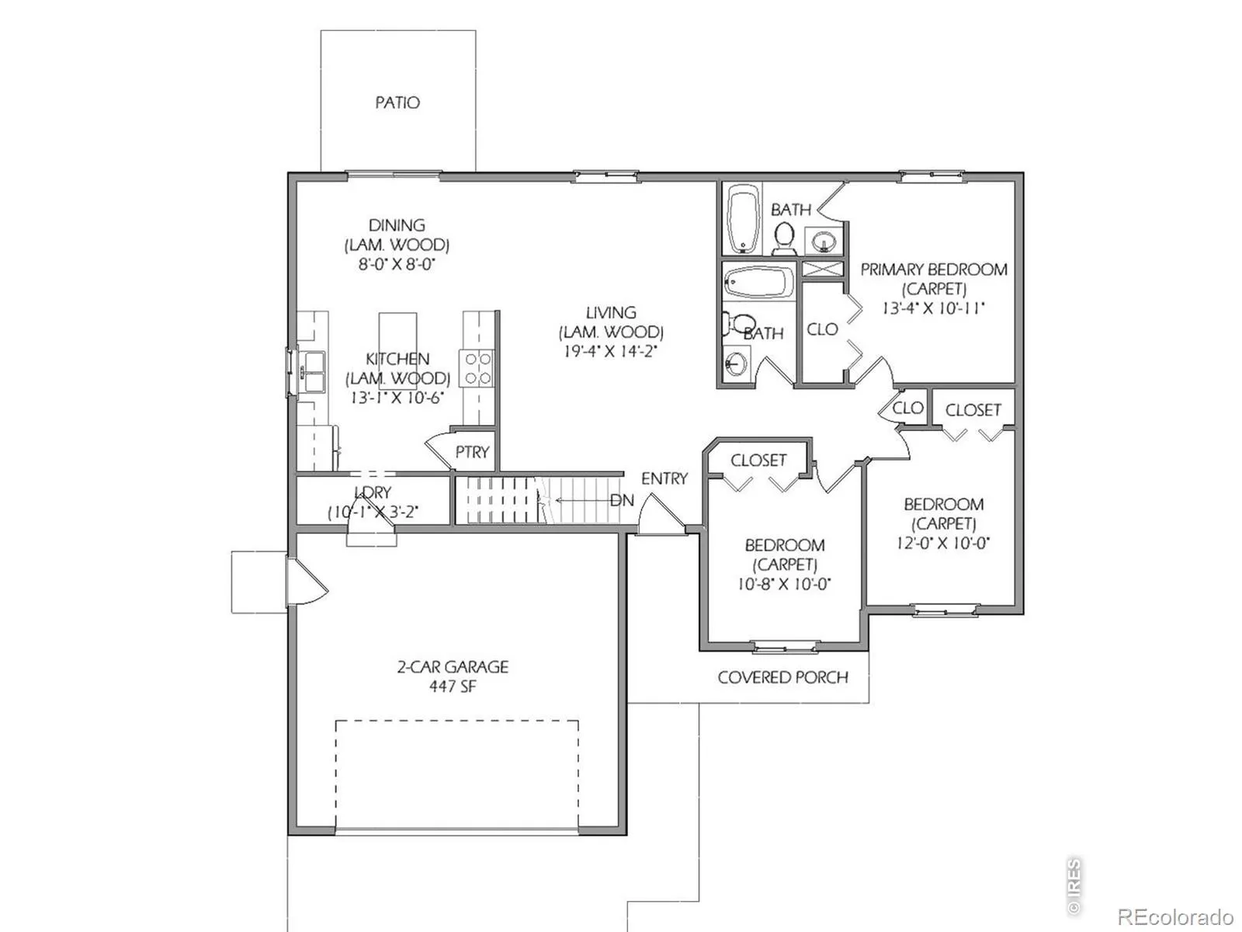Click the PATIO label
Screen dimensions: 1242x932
(x=397, y=103)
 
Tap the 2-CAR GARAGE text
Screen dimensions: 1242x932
(x=452, y=666)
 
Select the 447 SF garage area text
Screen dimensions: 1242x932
(x=452, y=687)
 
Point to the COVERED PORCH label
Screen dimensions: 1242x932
(x=782, y=677)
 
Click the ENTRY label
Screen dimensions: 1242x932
(x=664, y=478)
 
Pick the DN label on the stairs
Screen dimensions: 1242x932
(x=622, y=500)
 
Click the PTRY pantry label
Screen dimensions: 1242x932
(x=472, y=452)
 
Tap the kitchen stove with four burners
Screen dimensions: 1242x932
(x=478, y=368)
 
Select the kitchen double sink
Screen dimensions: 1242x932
(x=310, y=371)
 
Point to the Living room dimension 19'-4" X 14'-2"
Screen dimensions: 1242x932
(x=610, y=351)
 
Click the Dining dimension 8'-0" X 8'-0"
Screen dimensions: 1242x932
(x=397, y=264)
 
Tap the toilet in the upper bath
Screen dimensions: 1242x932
(x=784, y=238)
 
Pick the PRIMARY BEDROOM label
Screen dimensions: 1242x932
(x=934, y=270)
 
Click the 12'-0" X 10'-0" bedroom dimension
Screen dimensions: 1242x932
(x=942, y=543)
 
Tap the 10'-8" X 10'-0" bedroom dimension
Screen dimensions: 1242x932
(x=784, y=584)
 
